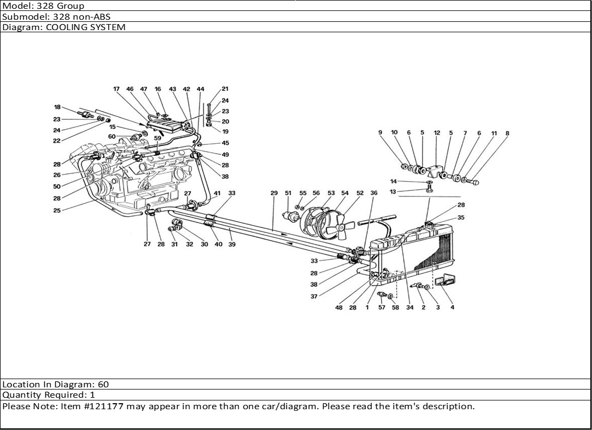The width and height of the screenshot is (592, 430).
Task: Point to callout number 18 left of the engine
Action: (57, 107)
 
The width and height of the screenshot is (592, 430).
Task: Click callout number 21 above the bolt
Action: (225, 89)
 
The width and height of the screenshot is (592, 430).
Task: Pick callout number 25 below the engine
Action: (57, 210)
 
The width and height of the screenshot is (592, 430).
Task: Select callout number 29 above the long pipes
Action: (274, 193)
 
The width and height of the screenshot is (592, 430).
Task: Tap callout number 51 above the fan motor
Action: (288, 193)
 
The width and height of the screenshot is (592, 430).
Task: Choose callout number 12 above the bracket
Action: (437, 132)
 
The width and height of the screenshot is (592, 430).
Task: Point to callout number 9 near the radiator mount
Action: (380, 132)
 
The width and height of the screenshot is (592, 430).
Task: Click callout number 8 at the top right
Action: (507, 132)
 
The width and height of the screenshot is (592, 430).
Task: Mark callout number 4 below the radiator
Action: (452, 307)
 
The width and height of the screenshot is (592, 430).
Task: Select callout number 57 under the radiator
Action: (382, 307)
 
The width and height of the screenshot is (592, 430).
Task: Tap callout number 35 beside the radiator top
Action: (461, 217)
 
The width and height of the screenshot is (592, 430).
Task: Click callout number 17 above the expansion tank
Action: (116, 89)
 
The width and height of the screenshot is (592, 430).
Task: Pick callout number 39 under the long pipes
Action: (232, 245)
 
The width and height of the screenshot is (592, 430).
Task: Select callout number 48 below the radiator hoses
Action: (339, 307)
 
